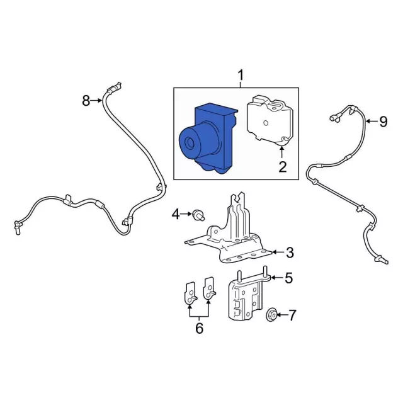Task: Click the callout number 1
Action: [241, 76]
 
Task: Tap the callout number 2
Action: [283, 167]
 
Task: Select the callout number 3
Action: [290, 253]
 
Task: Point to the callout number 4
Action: [176, 214]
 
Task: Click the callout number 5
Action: [289, 278]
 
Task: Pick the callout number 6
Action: [199, 328]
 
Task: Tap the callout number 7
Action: [292, 315]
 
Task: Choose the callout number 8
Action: [86, 101]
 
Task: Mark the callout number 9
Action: [383, 122]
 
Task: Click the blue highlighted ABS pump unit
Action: [208, 139]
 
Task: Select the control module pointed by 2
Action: [270, 122]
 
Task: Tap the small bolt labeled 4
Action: [198, 215]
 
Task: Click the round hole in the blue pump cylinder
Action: [190, 144]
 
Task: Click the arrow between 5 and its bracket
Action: [277, 278]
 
